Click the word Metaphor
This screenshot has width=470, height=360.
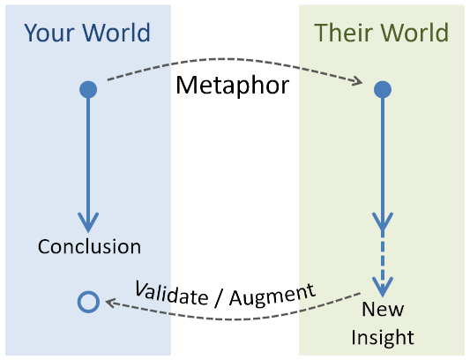click(x=233, y=86)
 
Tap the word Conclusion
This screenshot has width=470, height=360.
click(x=89, y=246)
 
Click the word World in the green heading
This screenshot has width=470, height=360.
click(x=411, y=34)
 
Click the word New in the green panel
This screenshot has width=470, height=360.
click(x=382, y=311)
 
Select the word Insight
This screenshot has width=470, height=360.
click(x=382, y=337)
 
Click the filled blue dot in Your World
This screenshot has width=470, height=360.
click(x=87, y=89)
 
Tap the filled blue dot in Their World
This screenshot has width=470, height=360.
click(x=382, y=89)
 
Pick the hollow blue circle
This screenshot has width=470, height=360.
click(x=87, y=302)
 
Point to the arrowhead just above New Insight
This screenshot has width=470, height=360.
click(x=382, y=288)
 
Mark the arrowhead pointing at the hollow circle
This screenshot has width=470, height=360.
click(x=109, y=302)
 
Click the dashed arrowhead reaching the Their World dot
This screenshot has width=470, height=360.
click(x=358, y=83)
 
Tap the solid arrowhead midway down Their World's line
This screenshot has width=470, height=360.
click(x=382, y=222)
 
